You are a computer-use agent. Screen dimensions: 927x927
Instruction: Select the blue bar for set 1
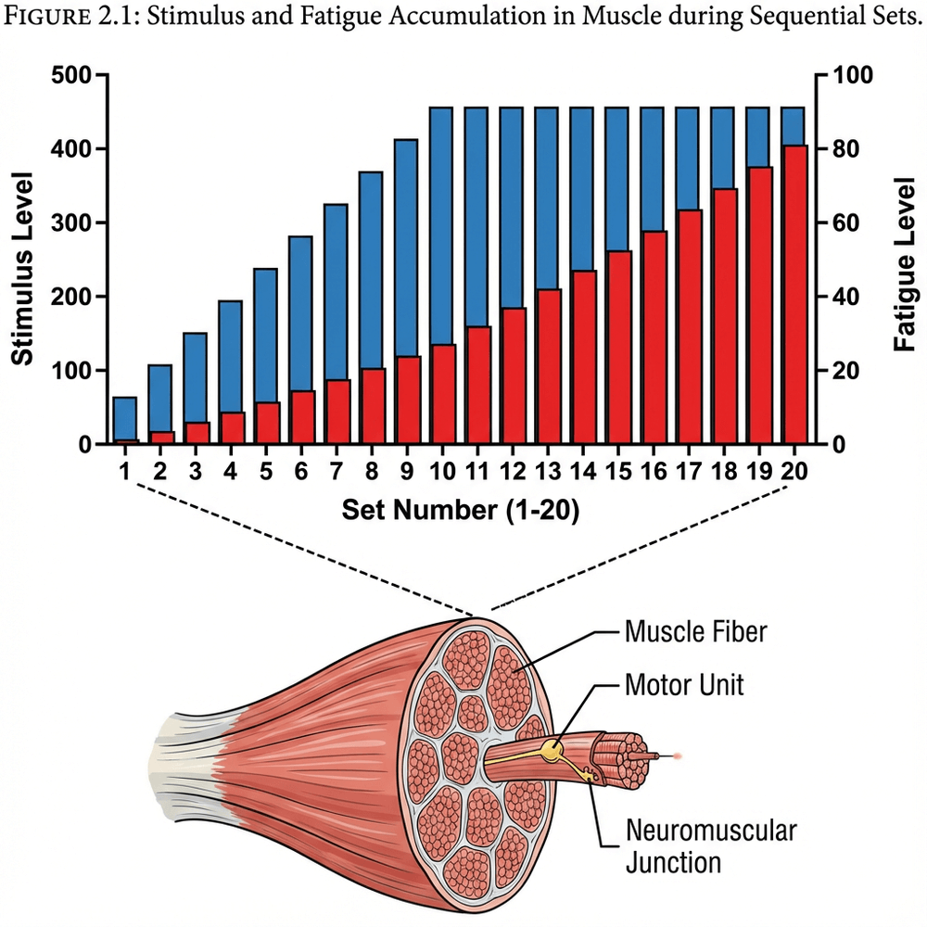coord(125,417)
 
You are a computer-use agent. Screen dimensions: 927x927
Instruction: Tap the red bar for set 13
coord(550,367)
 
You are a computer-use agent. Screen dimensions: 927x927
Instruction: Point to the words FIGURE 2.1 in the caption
coord(63,21)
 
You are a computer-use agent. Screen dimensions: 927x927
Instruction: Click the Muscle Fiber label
coord(695,633)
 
